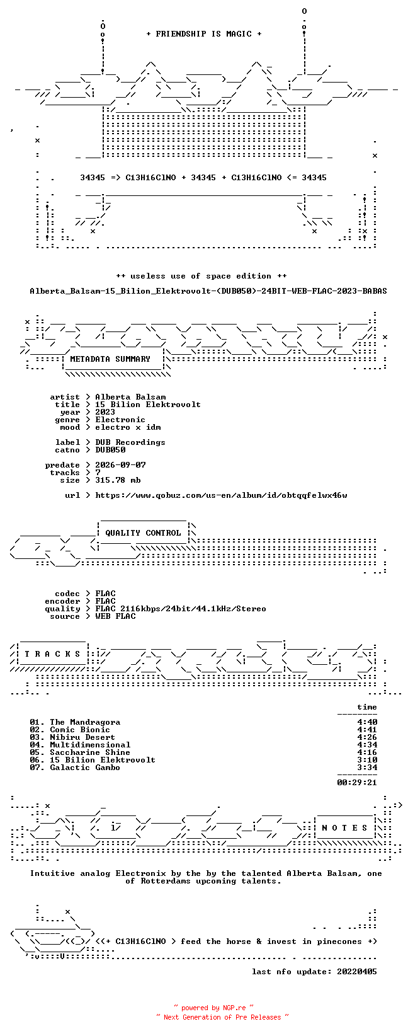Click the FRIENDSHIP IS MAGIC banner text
coord(204,34)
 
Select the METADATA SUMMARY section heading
coord(110,359)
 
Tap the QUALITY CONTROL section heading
coord(143,533)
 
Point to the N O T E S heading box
coord(344,827)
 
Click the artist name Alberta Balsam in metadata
coord(131,397)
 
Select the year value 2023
coord(105,412)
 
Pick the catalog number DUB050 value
coord(110,450)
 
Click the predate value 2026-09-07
coord(121,465)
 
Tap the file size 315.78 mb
coord(118,480)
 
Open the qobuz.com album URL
coord(222,495)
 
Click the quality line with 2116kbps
coord(181,609)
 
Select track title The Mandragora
coord(85,722)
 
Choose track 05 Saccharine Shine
coord(80,752)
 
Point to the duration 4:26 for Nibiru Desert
coord(367,737)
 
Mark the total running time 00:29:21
coord(357,783)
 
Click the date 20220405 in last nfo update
coord(357,972)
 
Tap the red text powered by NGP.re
coord(213,1008)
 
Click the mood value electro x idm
coord(128,427)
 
